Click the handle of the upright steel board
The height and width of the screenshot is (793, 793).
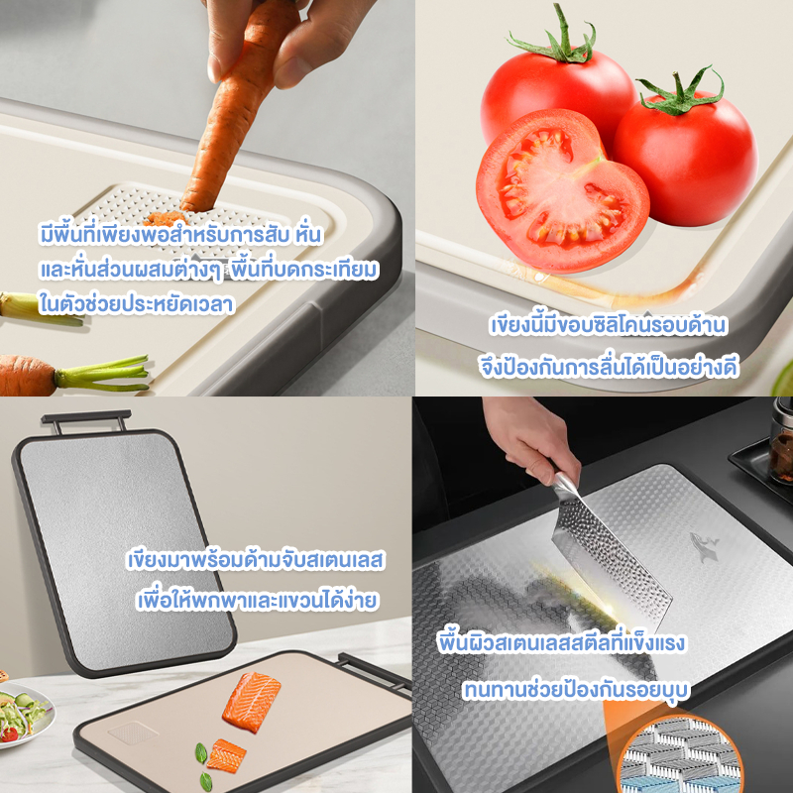click(86, 418)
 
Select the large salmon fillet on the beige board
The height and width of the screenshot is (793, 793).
click(252, 702)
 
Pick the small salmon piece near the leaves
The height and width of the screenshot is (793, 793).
click(226, 755)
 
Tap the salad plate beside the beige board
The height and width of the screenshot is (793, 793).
click(24, 713)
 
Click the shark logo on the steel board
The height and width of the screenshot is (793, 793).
click(704, 547)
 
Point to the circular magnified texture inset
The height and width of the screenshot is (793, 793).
click(680, 754)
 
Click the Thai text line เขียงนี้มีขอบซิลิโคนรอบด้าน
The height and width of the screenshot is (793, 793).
click(608, 325)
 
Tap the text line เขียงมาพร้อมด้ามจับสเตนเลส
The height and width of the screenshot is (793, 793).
click(256, 560)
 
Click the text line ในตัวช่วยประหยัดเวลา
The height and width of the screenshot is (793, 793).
click(137, 303)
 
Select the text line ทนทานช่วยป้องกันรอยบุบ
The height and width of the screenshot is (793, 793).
click(577, 689)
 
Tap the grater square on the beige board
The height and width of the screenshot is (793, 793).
click(133, 733)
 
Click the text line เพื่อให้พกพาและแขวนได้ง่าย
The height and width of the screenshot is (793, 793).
click(258, 601)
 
